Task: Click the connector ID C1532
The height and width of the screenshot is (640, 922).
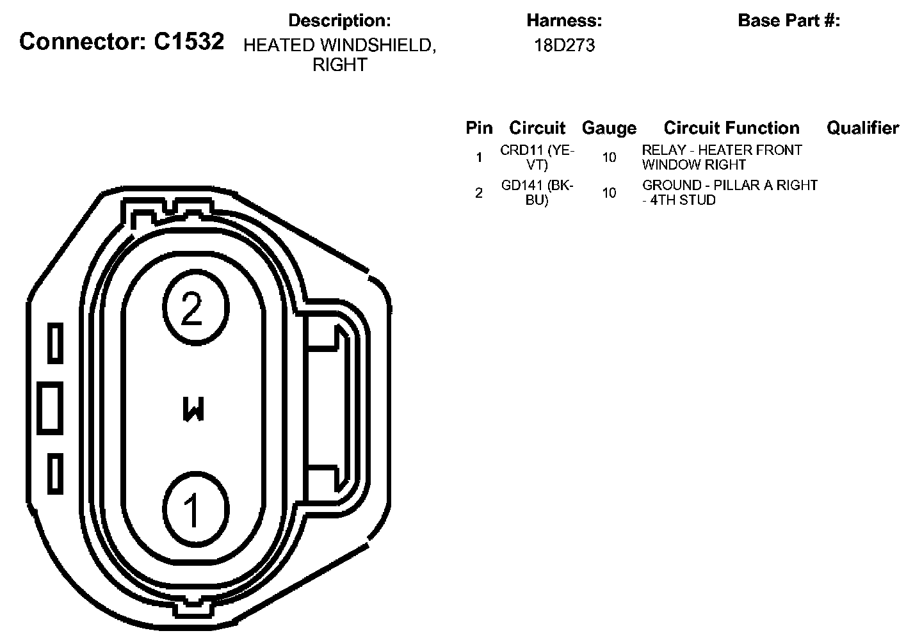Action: coord(189,42)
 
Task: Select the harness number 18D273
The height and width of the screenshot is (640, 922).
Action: coord(564,45)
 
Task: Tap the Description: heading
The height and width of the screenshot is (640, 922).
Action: coord(339,20)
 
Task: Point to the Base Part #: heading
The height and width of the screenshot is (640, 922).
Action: coord(789,20)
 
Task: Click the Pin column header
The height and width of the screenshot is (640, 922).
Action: coord(479,128)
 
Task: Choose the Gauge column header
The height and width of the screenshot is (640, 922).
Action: coord(609,129)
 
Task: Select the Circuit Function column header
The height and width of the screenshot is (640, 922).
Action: coord(731,128)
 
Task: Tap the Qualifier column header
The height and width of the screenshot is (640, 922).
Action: coord(862,128)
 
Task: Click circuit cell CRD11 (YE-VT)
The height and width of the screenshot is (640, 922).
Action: coord(537,157)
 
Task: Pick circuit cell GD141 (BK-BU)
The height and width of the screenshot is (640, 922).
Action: coord(537,193)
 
